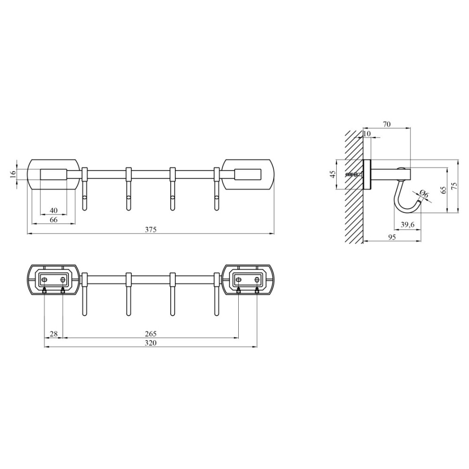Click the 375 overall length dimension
[151, 230]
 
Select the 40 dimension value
[54, 211]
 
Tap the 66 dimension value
[53, 220]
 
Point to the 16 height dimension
[12, 174]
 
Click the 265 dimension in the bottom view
[151, 333]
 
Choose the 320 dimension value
[151, 343]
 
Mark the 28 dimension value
[53, 333]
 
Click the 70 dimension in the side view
[387, 124]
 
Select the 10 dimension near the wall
[367, 133]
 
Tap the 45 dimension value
[333, 174]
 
